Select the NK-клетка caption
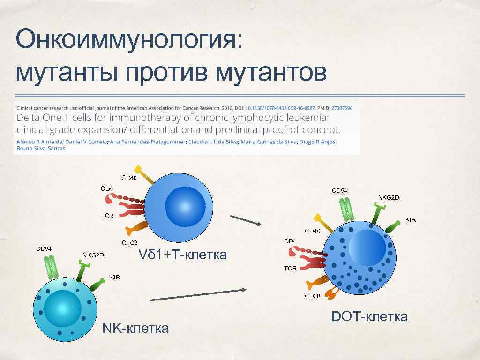tap(135, 328)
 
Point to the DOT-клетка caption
tap(369, 316)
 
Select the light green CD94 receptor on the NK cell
tap(52, 267)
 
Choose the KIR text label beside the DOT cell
tap(411, 219)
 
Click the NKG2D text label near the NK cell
tap(93, 255)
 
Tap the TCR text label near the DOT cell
tap(291, 269)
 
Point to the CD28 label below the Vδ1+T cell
tap(129, 243)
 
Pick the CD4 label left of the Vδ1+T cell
tap(107, 188)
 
